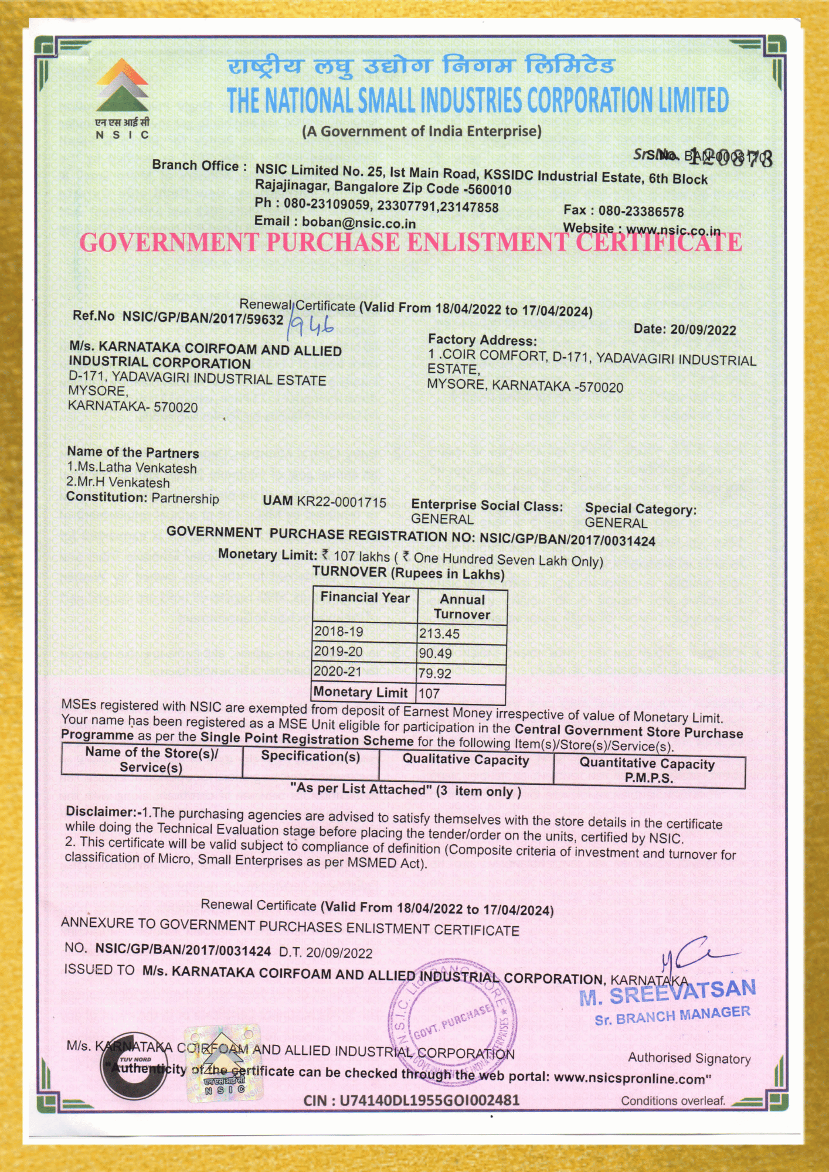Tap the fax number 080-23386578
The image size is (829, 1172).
click(641, 211)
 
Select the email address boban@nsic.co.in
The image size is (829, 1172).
click(359, 223)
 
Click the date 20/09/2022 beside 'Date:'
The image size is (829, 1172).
click(703, 330)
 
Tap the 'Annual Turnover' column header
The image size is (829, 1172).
click(462, 607)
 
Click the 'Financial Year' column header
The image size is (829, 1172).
click(365, 597)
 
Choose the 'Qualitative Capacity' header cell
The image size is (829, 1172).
click(466, 760)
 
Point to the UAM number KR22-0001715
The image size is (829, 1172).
click(341, 502)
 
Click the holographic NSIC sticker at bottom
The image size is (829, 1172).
click(223, 1064)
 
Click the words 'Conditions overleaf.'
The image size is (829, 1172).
click(673, 1101)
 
